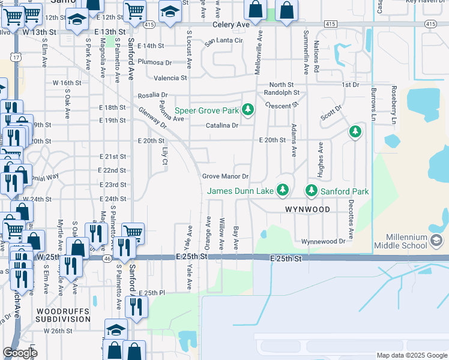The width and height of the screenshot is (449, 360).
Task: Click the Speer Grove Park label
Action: (207, 110)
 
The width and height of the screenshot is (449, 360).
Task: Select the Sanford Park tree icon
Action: (311, 191)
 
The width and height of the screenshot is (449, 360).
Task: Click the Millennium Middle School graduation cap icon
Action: (436, 241)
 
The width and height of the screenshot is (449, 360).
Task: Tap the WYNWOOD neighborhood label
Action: (307, 209)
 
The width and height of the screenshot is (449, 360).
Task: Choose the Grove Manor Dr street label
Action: (225, 176)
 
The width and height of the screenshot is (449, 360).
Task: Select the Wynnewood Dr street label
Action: (324, 241)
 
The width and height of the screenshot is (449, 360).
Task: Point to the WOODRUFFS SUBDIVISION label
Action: (63, 316)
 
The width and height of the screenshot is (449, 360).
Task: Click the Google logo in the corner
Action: (20, 353)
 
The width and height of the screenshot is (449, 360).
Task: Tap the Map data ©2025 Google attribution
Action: (411, 355)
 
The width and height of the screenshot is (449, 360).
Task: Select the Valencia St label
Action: (170, 78)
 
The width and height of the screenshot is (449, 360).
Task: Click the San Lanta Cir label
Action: (223, 41)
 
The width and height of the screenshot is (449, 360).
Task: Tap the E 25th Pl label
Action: (151, 293)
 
